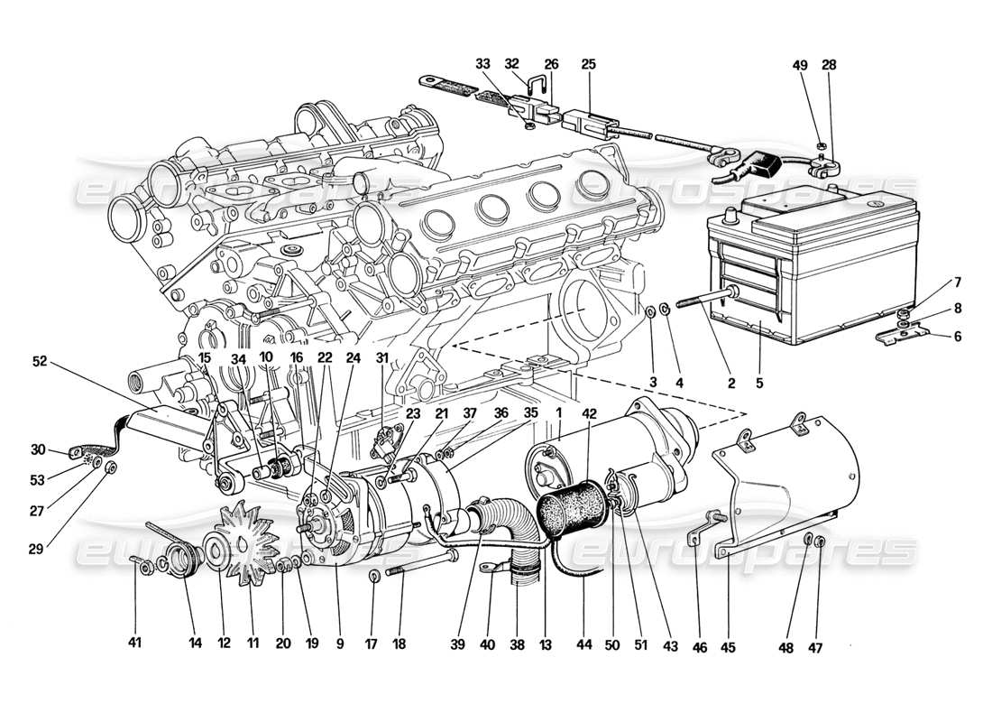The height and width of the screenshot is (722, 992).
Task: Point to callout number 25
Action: click(589, 65)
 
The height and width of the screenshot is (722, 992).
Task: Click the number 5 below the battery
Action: click(759, 383)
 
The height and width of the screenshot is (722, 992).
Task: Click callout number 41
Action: click(135, 643)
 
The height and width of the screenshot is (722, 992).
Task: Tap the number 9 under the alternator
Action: click(339, 643)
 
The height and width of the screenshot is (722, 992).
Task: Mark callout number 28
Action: click(829, 65)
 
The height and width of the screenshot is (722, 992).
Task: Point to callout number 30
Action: click(37, 449)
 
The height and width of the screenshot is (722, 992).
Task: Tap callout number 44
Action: click(584, 643)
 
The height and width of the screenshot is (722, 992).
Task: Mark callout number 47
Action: click(818, 643)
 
